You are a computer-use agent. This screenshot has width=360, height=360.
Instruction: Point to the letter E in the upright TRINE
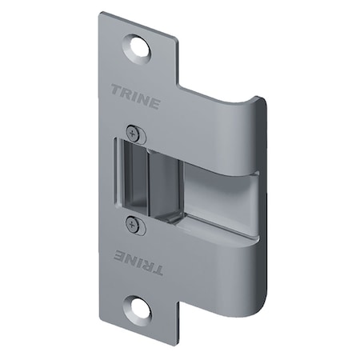click(x=154, y=105)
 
